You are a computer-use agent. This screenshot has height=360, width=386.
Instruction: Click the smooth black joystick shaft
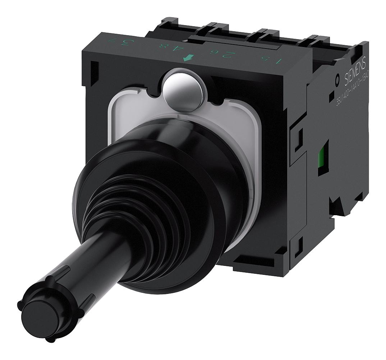[x=93, y=262]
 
